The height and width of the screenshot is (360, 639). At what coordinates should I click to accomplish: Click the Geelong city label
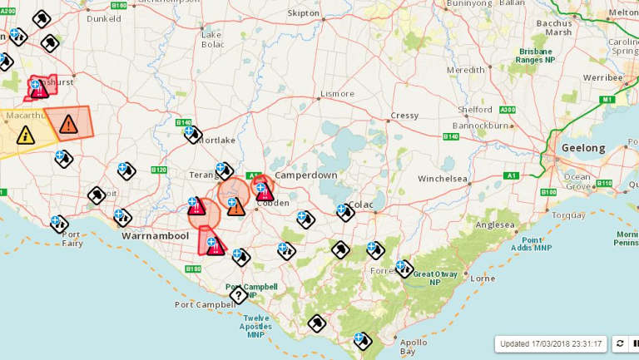[582, 148]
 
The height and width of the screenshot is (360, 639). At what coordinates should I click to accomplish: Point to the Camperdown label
[305, 175]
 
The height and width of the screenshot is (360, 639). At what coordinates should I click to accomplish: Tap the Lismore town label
[337, 94]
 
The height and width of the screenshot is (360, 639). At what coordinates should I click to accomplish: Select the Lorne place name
[483, 279]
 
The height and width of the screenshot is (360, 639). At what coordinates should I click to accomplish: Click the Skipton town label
[303, 13]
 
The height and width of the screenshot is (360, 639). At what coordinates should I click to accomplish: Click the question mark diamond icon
[238, 295]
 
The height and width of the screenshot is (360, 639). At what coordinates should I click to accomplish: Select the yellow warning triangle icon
[26, 135]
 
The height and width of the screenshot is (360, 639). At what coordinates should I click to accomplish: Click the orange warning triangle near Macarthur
[68, 125]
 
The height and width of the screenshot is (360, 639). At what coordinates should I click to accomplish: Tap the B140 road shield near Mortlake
[184, 123]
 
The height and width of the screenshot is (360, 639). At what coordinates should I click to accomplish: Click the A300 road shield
[507, 110]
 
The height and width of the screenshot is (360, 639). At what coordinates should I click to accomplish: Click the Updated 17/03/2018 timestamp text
[551, 343]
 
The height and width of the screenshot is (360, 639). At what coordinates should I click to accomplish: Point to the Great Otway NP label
[438, 279]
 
